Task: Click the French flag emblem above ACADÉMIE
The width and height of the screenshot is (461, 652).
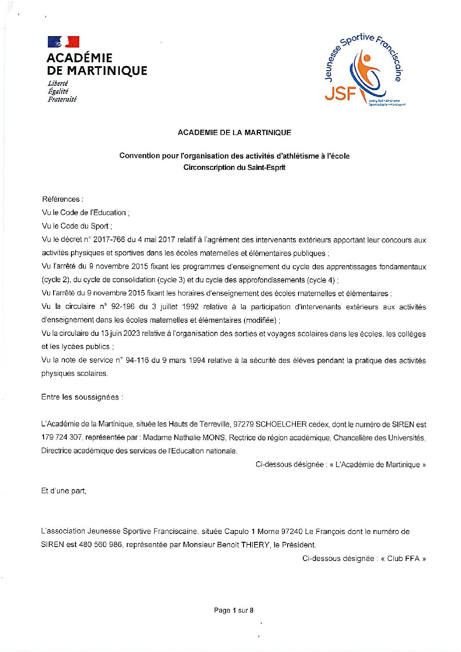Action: click(x=64, y=42)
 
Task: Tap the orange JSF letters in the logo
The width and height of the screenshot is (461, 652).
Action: click(x=340, y=94)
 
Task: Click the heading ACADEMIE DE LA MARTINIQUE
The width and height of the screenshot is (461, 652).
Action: click(x=234, y=132)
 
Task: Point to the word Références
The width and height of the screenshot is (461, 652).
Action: click(x=61, y=199)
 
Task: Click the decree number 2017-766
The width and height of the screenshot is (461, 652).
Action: click(x=108, y=240)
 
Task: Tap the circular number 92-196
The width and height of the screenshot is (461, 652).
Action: click(x=118, y=307)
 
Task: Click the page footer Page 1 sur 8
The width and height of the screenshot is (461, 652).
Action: click(x=234, y=611)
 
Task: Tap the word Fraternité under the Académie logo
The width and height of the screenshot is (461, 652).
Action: click(x=62, y=99)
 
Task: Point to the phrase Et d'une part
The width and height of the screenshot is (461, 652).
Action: click(x=64, y=491)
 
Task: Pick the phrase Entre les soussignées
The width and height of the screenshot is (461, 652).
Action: click(x=82, y=397)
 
